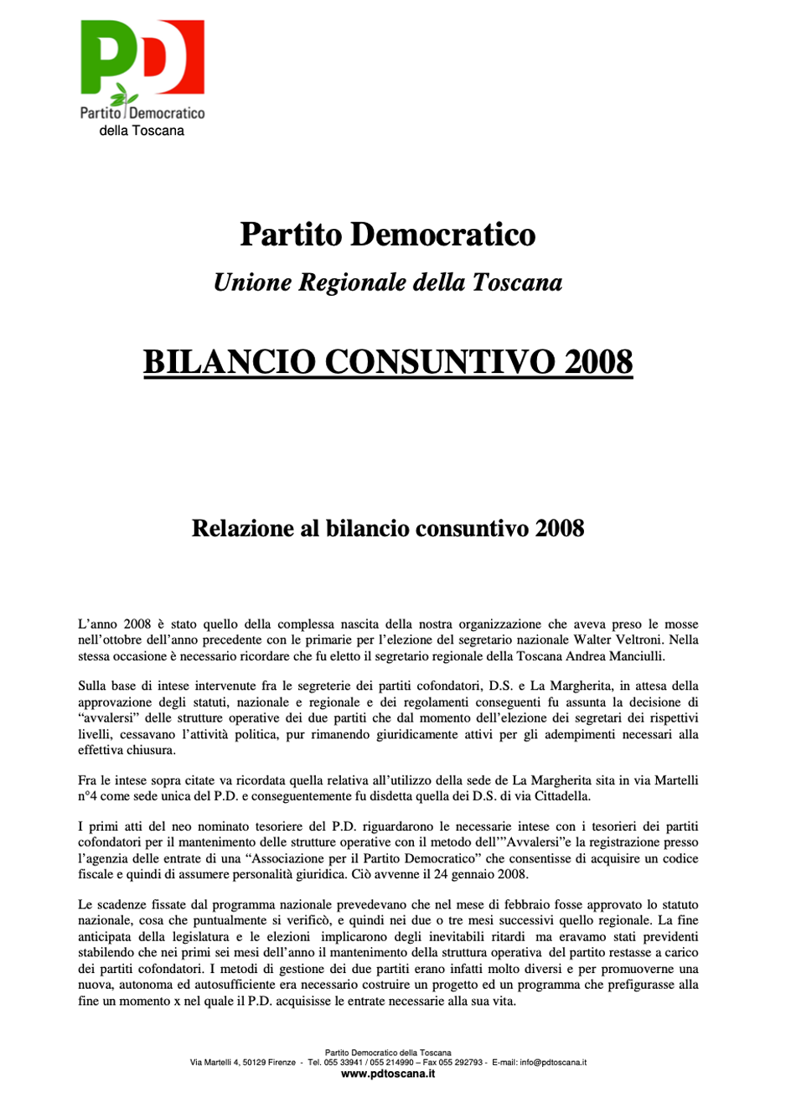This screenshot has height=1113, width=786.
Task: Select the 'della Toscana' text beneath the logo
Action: (x=142, y=131)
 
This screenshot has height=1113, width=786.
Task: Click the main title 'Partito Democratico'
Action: (x=388, y=234)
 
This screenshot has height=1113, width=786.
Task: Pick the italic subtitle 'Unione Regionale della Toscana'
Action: (x=388, y=282)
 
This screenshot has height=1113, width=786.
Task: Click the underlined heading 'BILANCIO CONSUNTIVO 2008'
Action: (x=388, y=362)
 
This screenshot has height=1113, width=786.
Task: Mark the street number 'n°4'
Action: (x=88, y=796)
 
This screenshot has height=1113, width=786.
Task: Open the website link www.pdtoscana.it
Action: (x=388, y=1074)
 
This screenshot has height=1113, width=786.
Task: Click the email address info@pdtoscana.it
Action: (x=553, y=1063)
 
